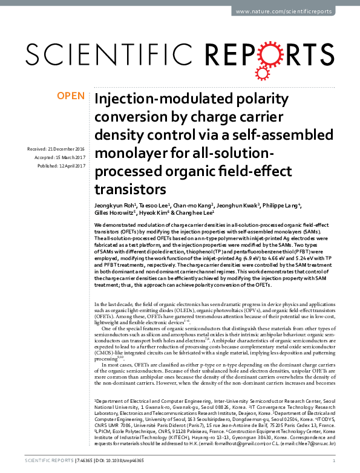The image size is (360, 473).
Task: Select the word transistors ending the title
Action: point(130,188)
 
